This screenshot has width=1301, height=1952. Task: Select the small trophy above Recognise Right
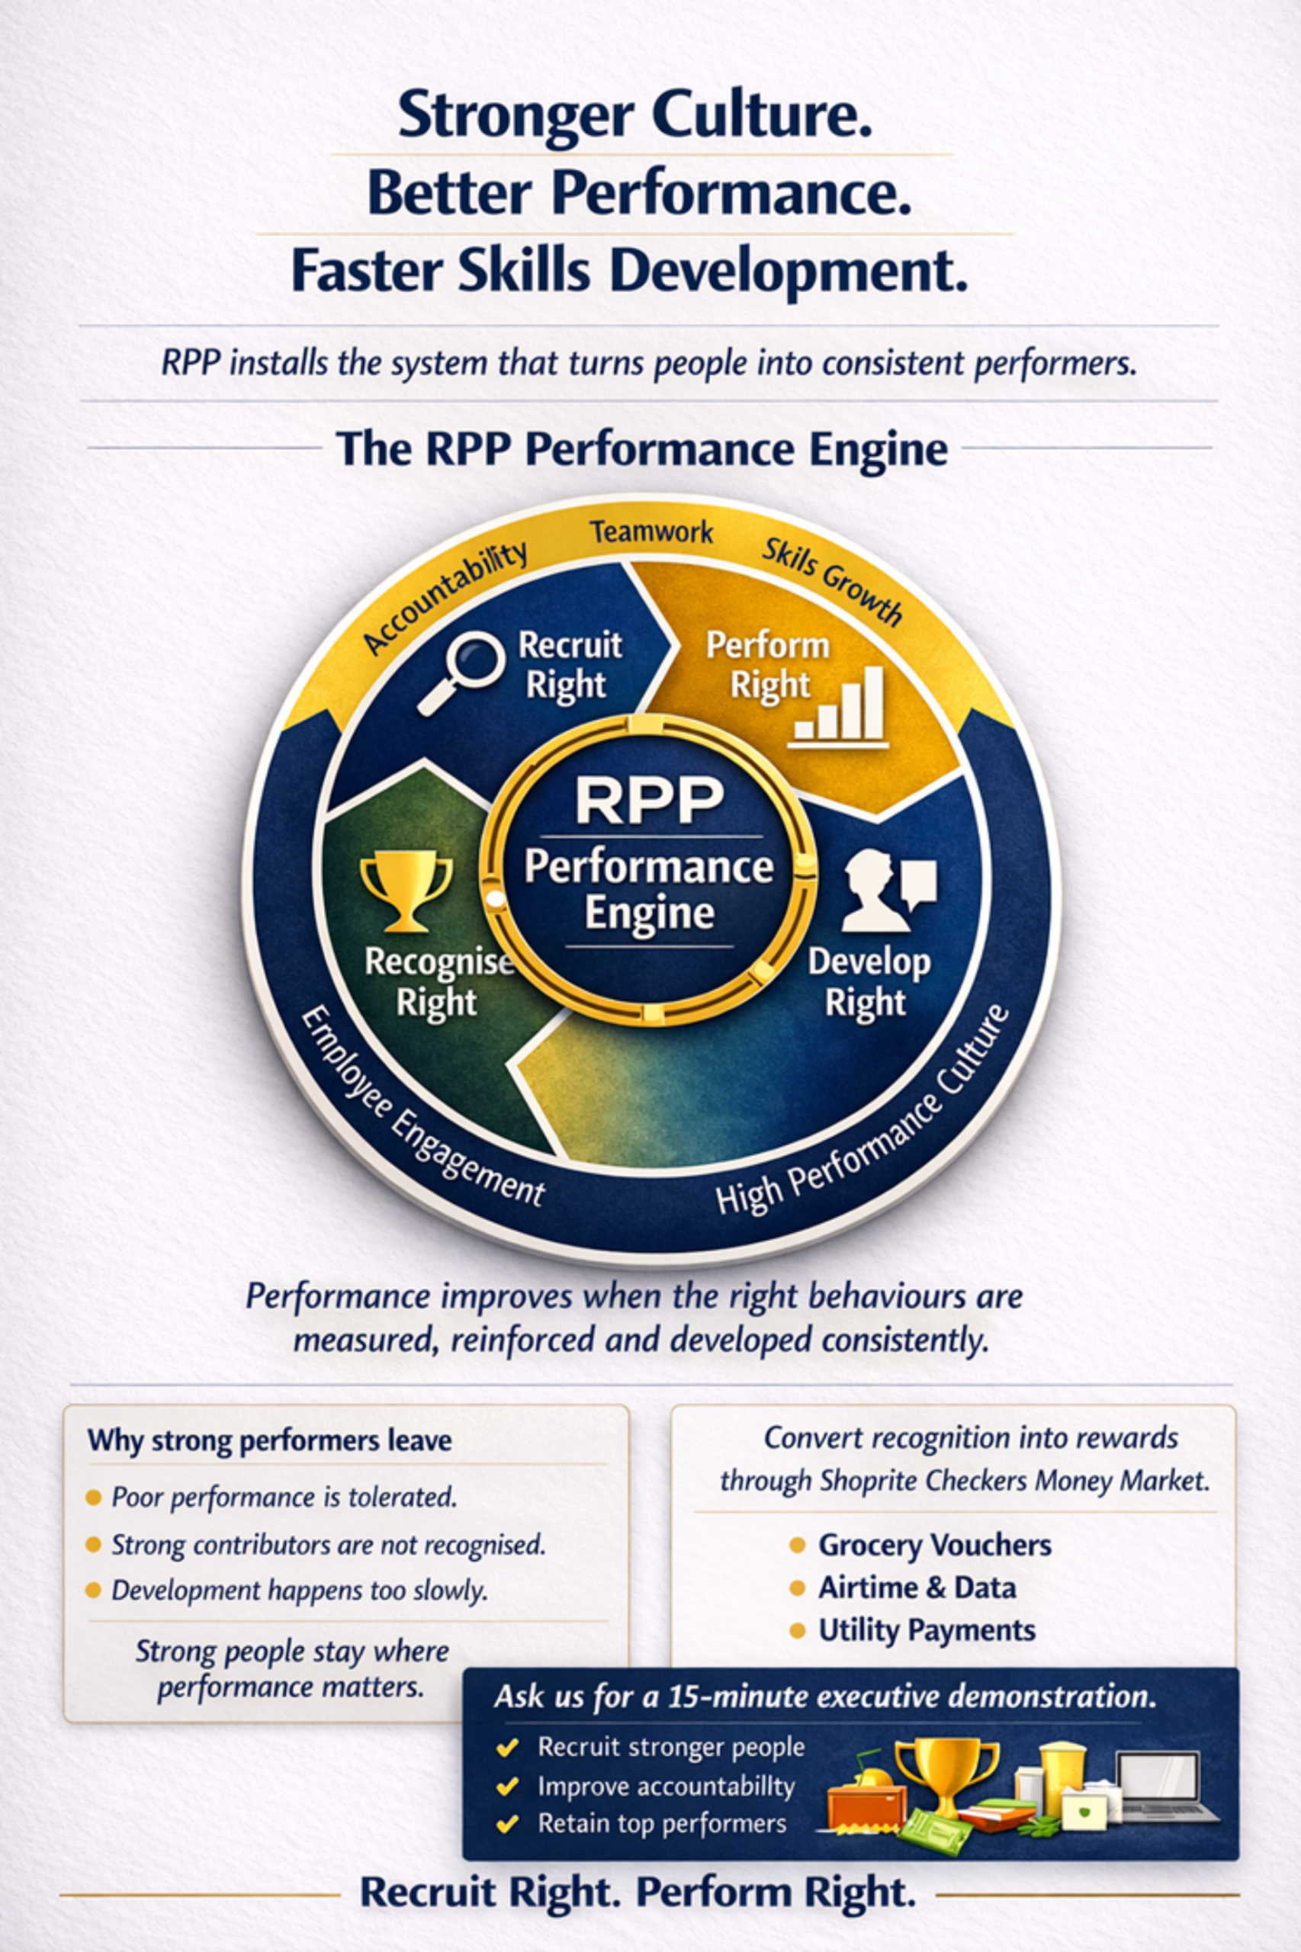(x=406, y=893)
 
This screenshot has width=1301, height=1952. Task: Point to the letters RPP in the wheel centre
(x=650, y=801)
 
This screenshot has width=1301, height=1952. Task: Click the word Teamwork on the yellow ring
(x=651, y=531)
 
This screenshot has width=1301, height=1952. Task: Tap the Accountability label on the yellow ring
(x=445, y=596)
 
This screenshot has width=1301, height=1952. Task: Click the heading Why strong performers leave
(x=270, y=1440)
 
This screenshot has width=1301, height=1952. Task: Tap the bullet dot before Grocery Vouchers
(x=798, y=1545)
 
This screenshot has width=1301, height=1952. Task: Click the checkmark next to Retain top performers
(x=507, y=1823)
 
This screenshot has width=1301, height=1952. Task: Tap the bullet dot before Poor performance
(x=94, y=1498)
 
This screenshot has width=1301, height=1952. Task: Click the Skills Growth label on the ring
(x=832, y=581)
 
